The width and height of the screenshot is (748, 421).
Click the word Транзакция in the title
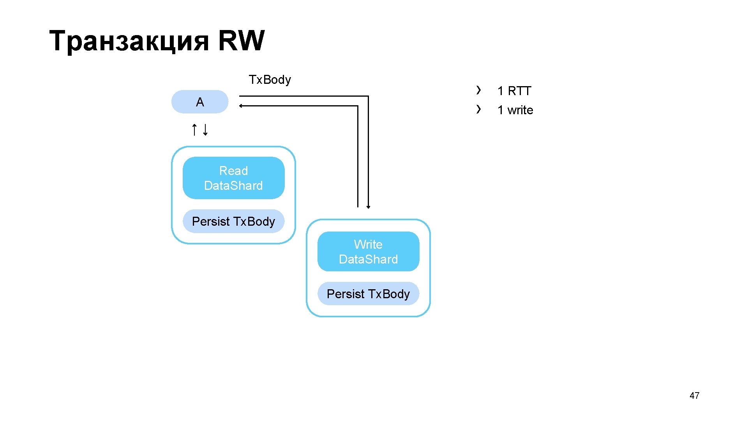pyautogui.click(x=129, y=41)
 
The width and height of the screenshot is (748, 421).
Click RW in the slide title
pyautogui.click(x=241, y=41)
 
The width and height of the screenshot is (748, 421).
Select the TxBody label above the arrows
pyautogui.click(x=270, y=80)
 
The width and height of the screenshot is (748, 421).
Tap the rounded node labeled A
pyautogui.click(x=199, y=102)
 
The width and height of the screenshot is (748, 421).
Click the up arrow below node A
pyautogui.click(x=194, y=129)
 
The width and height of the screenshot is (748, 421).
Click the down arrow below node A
pyautogui.click(x=205, y=129)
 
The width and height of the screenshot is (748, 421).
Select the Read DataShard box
pyautogui.click(x=233, y=178)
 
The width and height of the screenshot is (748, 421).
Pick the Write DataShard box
pyautogui.click(x=368, y=252)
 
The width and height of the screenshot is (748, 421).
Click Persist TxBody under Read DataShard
pyautogui.click(x=233, y=221)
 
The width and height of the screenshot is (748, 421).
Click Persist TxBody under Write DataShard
pyautogui.click(x=368, y=294)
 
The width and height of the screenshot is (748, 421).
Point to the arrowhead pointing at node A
pyautogui.click(x=241, y=106)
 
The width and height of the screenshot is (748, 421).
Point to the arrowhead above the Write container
pyautogui.click(x=368, y=207)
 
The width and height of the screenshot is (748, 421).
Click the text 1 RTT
pyautogui.click(x=514, y=91)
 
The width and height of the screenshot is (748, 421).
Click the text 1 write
pyautogui.click(x=515, y=110)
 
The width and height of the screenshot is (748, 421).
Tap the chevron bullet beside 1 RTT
pyautogui.click(x=478, y=90)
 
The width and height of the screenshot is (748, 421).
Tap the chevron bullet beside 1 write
pyautogui.click(x=478, y=109)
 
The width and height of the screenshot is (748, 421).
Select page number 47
pyautogui.click(x=694, y=396)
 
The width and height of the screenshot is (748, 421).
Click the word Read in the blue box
pyautogui.click(x=233, y=171)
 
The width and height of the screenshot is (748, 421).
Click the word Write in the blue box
pyautogui.click(x=368, y=244)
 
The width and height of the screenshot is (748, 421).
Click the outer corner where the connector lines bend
pyautogui.click(x=368, y=96)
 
